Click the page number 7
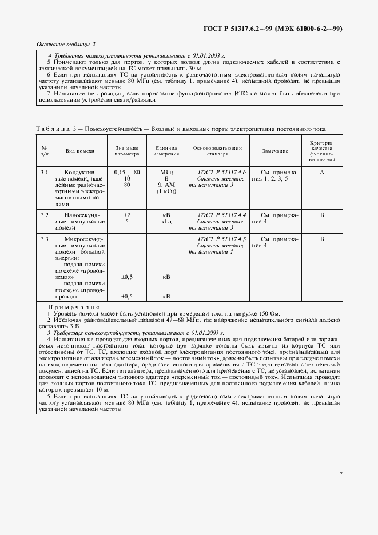pyautogui.click(x=340, y=473)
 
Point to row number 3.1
pyautogui.click(x=44, y=171)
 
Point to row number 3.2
pyautogui.click(x=44, y=215)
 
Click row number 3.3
pyautogui.click(x=44, y=239)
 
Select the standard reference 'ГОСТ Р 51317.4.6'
pyautogui.click(x=221, y=171)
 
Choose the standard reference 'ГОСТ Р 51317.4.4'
pyautogui.click(x=221, y=215)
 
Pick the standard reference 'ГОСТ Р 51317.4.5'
pyautogui.click(x=221, y=239)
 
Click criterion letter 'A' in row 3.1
pyautogui.click(x=322, y=171)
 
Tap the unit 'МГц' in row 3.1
pyautogui.click(x=166, y=171)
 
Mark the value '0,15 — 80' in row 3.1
pyautogui.click(x=127, y=171)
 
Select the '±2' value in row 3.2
pyautogui.click(x=127, y=215)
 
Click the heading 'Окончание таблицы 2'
pyautogui.click(x=66, y=45)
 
